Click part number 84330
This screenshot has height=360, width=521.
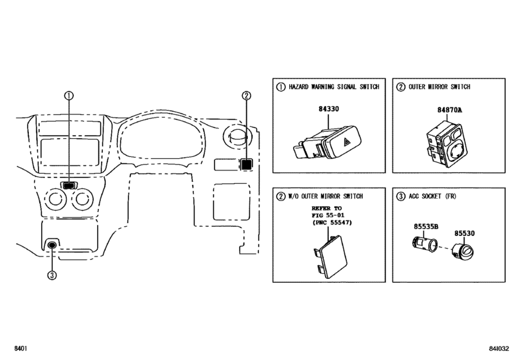click(329, 109)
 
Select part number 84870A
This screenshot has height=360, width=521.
click(449, 110)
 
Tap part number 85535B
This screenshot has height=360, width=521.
click(426, 227)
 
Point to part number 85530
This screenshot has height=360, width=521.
click(464, 233)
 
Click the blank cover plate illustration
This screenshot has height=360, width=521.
click(330, 256)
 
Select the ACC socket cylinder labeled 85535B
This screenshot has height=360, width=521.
click(425, 244)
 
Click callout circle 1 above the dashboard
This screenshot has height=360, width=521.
click(69, 96)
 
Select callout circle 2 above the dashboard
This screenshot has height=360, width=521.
click(246, 96)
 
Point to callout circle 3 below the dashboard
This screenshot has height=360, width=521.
click(52, 275)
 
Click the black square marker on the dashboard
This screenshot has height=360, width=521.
click(246, 165)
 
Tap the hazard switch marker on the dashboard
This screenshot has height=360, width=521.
click(69, 186)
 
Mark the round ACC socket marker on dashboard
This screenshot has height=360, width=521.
click(52, 246)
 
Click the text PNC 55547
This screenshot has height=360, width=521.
click(331, 222)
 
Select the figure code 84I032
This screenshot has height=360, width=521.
click(499, 348)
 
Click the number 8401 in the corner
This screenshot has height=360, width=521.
click(21, 348)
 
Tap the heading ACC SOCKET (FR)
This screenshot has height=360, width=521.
click(432, 196)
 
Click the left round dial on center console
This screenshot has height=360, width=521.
click(55, 199)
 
